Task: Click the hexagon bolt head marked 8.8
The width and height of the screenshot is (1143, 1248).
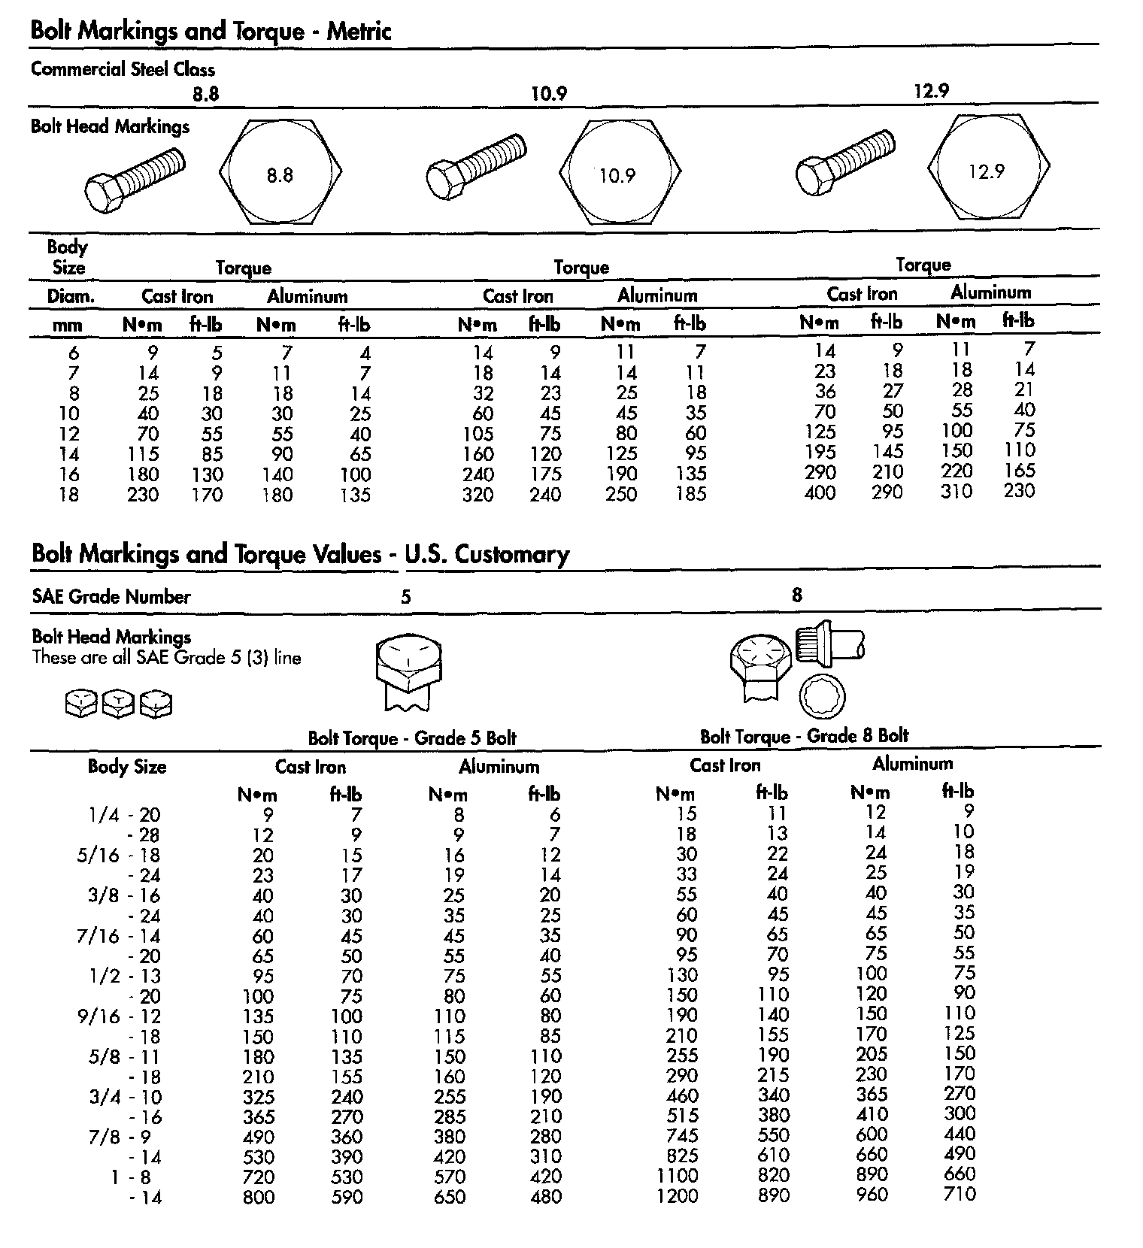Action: click(x=280, y=172)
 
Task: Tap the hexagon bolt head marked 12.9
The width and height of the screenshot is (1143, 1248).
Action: click(x=988, y=168)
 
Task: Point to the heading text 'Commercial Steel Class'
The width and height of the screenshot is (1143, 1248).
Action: click(x=123, y=69)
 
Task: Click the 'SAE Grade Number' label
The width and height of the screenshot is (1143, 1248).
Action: click(x=111, y=597)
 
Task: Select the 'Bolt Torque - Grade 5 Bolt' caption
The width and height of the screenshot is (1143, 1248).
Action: click(x=412, y=738)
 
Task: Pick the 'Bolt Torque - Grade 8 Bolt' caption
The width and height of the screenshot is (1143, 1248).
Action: click(x=804, y=736)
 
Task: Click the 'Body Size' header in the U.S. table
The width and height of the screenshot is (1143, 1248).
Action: click(x=127, y=767)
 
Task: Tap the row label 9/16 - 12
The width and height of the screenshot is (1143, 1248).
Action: click(x=119, y=1017)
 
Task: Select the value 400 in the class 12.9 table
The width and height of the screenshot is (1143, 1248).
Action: click(x=820, y=493)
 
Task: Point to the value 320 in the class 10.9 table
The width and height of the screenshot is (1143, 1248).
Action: click(x=478, y=495)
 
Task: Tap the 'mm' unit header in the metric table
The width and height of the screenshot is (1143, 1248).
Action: click(x=68, y=326)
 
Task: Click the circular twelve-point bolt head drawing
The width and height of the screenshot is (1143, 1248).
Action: click(x=821, y=695)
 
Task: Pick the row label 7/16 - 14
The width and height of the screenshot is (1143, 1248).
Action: click(x=119, y=937)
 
